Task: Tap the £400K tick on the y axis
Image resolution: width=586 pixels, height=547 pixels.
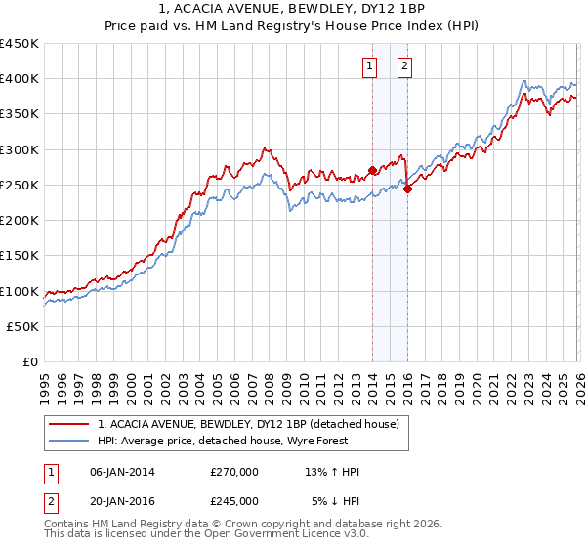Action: [20, 79]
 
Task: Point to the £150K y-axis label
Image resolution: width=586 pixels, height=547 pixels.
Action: [20, 256]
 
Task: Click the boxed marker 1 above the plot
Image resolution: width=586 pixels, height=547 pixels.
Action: [371, 66]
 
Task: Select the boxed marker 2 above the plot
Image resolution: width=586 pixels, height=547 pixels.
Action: [404, 66]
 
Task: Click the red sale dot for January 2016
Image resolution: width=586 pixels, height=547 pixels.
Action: [407, 189]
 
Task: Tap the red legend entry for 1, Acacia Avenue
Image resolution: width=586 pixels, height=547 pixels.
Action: [248, 425]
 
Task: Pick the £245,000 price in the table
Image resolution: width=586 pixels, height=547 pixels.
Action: [234, 500]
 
